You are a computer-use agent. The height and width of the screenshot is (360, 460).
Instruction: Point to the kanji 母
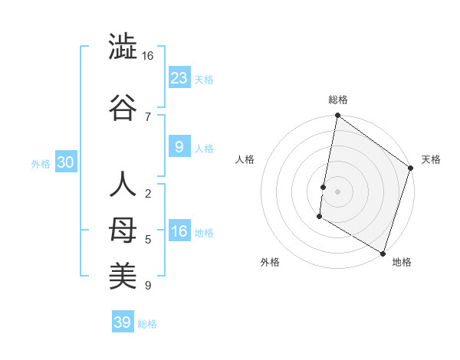pos(123,230)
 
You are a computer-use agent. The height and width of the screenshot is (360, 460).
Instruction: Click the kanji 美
pos(123,275)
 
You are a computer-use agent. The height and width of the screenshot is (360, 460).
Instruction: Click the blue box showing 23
pos(179,77)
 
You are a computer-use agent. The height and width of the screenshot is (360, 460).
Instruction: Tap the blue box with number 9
pos(179,146)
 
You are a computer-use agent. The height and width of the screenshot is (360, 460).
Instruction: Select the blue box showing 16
pos(179,231)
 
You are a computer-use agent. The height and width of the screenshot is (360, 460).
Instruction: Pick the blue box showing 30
pos(65,162)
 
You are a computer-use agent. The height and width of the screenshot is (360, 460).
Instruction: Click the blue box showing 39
pos(123,322)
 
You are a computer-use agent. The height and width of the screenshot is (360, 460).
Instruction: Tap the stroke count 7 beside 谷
pos(147,116)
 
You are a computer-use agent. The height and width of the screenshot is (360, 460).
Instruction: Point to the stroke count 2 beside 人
pos(147,193)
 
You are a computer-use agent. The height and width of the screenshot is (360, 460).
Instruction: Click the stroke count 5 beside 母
pos(147,240)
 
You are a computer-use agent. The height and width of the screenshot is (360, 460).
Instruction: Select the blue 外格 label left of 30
pos(41,163)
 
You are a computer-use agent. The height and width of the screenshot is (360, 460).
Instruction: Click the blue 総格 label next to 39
pos(147,324)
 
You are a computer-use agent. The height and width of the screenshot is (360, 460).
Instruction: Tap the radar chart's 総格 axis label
pos(337,100)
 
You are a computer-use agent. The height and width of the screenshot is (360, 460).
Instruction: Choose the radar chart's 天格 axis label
pos(431,159)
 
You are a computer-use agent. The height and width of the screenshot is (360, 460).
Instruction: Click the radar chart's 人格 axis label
pos(245,159)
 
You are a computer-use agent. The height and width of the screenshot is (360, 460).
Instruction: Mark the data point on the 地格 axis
pos(382,252)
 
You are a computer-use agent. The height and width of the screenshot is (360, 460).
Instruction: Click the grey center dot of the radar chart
pos(337,190)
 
